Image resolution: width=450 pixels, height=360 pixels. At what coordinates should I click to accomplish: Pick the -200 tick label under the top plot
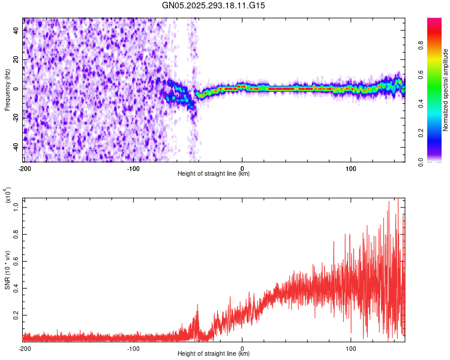tap(24, 167)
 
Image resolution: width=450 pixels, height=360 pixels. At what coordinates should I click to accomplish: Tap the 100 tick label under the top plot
tap(351, 167)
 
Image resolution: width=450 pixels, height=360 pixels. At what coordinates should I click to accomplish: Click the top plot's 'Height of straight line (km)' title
tap(214, 173)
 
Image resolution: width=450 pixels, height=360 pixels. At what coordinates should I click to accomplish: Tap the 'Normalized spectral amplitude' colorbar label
tap(446, 90)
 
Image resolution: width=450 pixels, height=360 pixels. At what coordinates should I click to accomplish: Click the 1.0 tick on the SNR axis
tap(16, 207)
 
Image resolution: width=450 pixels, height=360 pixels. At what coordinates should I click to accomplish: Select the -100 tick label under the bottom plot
tap(133, 347)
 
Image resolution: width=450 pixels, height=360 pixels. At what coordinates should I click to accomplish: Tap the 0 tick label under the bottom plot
tap(242, 347)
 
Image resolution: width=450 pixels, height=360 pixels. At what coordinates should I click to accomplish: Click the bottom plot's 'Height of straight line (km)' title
tap(214, 354)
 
